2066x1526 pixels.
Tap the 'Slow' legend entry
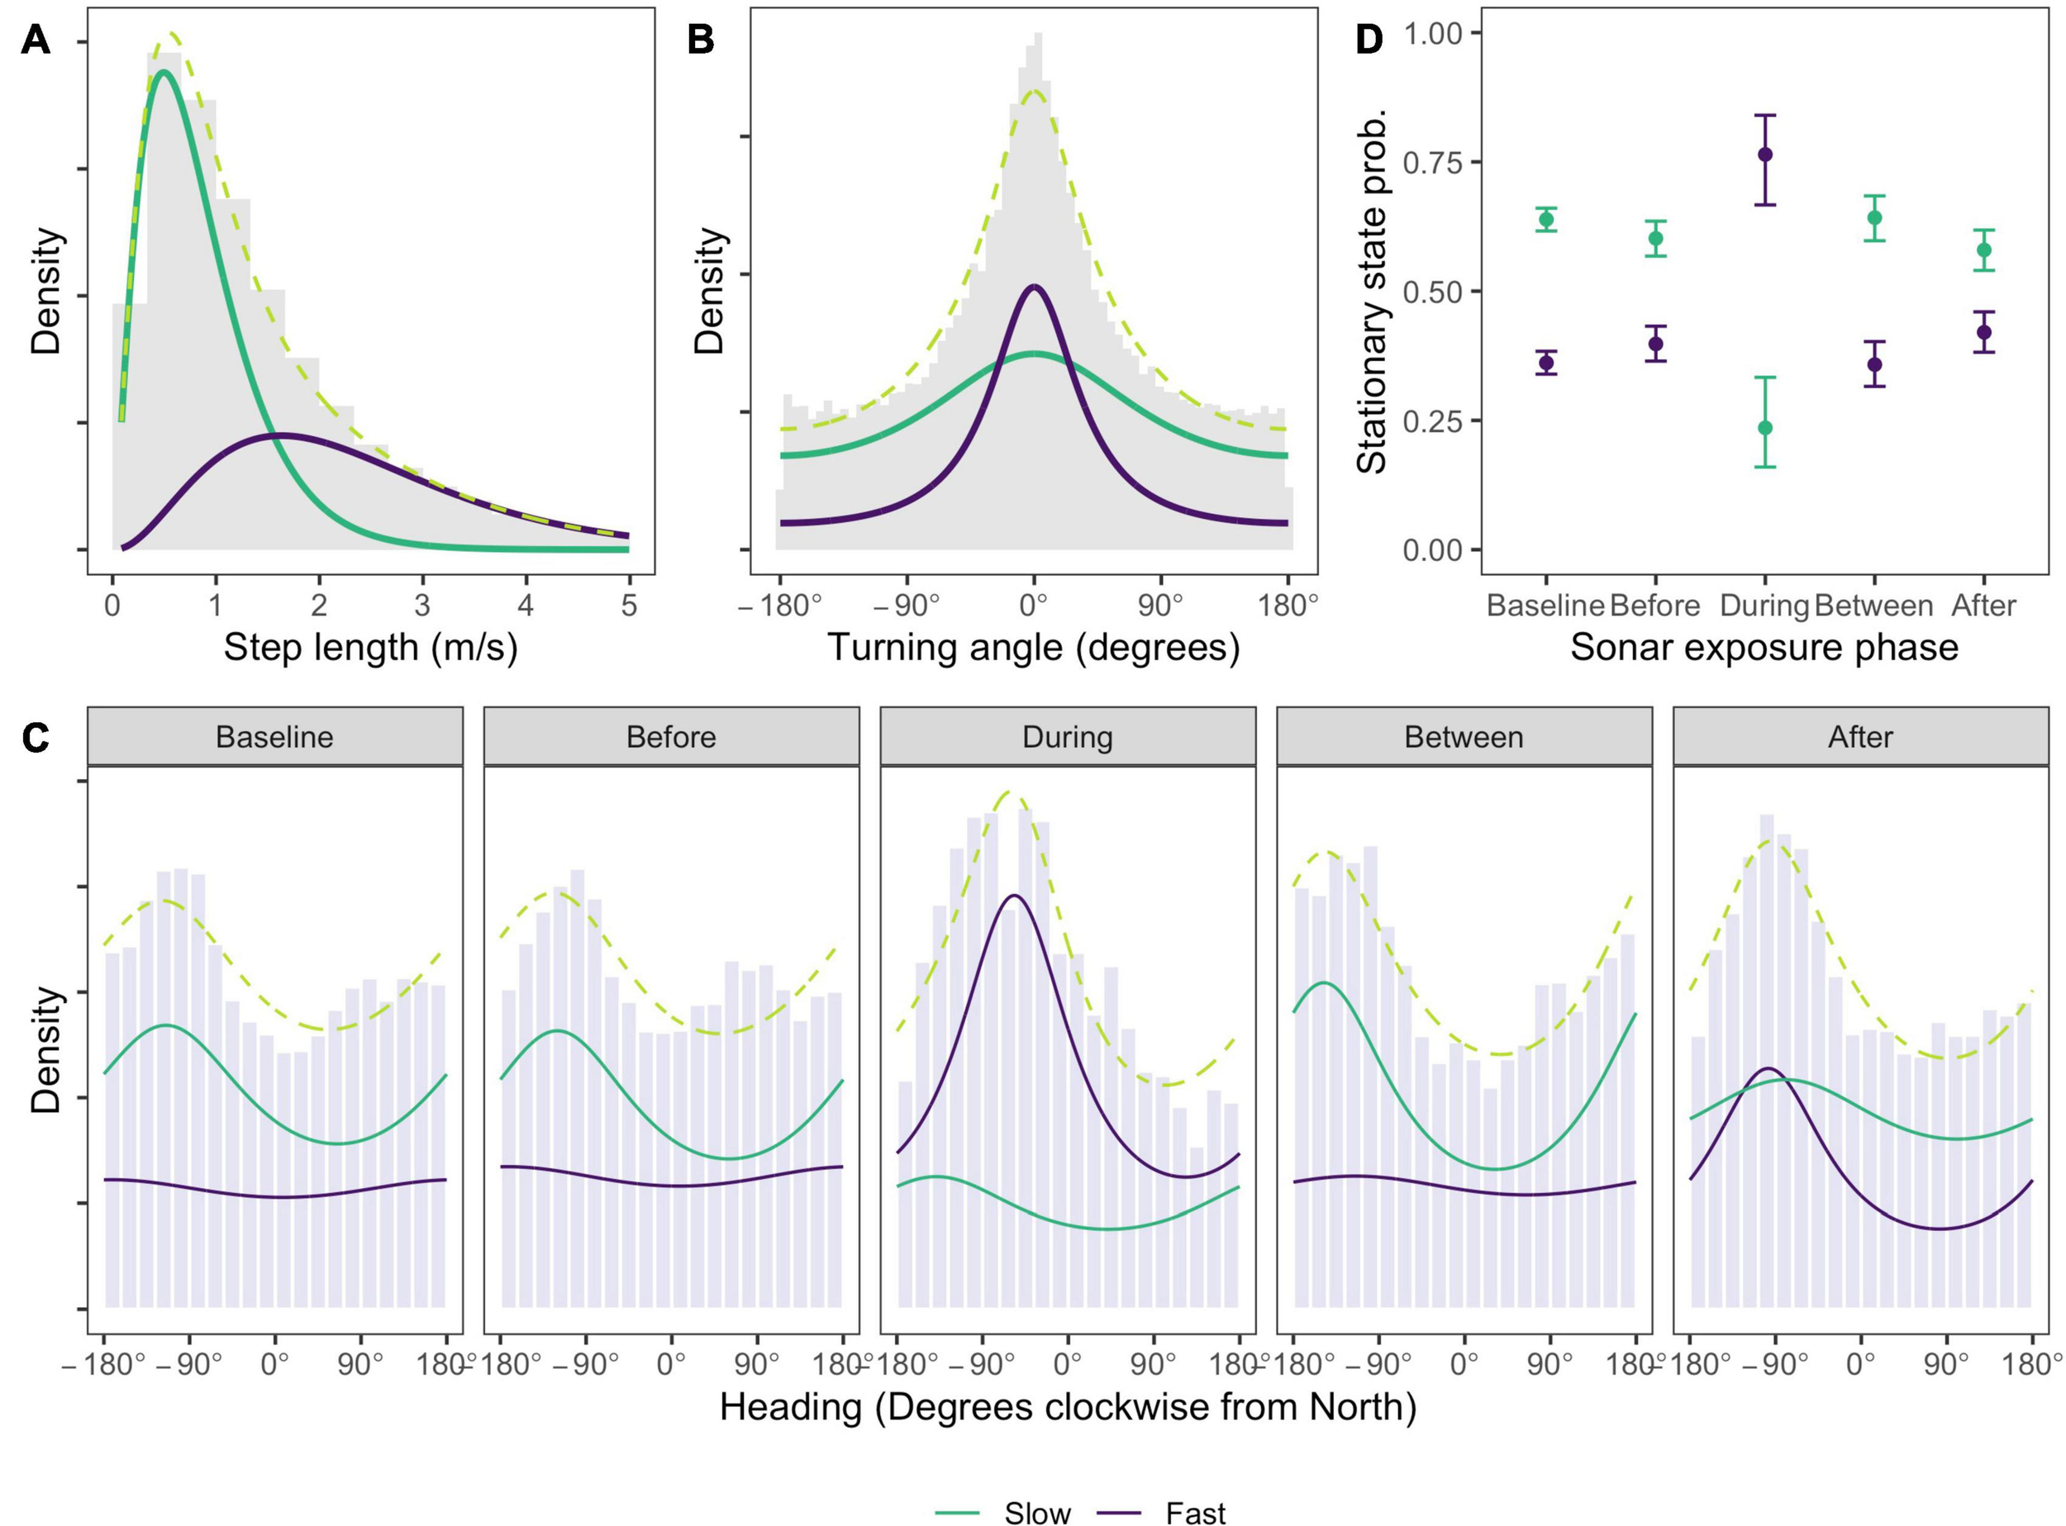point(1036,1512)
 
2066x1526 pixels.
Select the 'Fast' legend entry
point(1196,1512)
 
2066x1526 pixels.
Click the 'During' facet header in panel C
point(1067,737)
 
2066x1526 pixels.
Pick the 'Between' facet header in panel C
point(1464,737)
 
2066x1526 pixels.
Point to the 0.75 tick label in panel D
point(1432,163)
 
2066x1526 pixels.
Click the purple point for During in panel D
point(1765,155)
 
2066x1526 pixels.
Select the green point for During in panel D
point(1765,428)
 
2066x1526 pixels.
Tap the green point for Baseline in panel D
point(1546,219)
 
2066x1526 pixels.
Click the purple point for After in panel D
point(1983,332)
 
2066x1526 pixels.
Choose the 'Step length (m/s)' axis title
point(370,647)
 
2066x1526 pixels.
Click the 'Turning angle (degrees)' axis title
point(1033,647)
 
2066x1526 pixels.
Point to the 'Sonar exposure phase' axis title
point(1764,647)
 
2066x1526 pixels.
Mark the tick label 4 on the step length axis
point(526,606)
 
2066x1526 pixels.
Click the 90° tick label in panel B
point(1160,606)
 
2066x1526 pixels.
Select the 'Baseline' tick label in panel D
point(1545,606)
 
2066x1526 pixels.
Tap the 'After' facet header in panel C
point(1860,737)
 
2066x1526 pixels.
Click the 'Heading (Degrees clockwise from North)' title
point(1067,1407)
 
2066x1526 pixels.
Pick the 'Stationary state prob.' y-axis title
point(1373,291)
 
